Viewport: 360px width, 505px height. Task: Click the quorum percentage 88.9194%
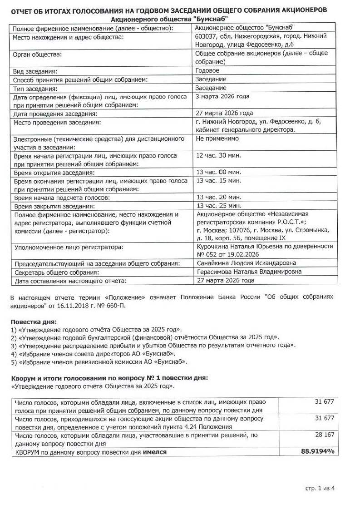(x=317, y=452)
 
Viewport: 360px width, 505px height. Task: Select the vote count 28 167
(x=325, y=435)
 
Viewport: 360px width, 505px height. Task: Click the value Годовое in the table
(x=207, y=71)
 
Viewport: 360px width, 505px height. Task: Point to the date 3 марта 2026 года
(x=222, y=96)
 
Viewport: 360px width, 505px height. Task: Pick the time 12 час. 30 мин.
(x=218, y=155)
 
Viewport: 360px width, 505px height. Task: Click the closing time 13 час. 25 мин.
(x=218, y=206)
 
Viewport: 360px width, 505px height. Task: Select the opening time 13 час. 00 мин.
(x=218, y=173)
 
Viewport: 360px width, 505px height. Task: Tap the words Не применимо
(x=217, y=139)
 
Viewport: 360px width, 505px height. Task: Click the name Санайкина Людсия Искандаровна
(x=246, y=263)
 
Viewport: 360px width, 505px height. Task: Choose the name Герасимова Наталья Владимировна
(x=248, y=272)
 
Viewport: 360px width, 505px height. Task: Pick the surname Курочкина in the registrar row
(x=212, y=246)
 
